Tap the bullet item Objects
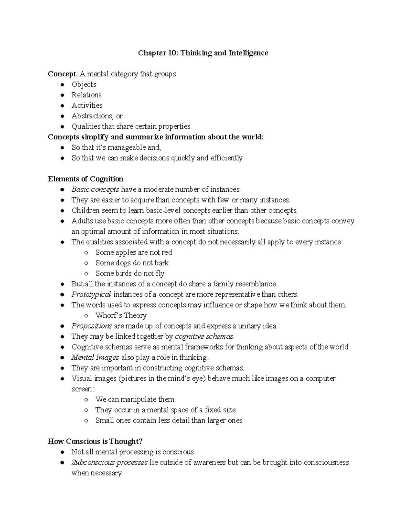point(84,85)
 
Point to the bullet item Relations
point(86,95)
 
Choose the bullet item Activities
point(87,105)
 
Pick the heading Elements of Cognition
point(85,179)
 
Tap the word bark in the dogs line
point(161,263)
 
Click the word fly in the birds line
point(160,273)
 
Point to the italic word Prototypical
point(91,294)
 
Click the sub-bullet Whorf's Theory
point(121,315)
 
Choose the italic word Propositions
point(91,326)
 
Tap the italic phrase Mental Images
point(95,357)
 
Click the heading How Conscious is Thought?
point(95,442)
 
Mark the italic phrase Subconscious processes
point(109,462)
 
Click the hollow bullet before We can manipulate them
point(87,400)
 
